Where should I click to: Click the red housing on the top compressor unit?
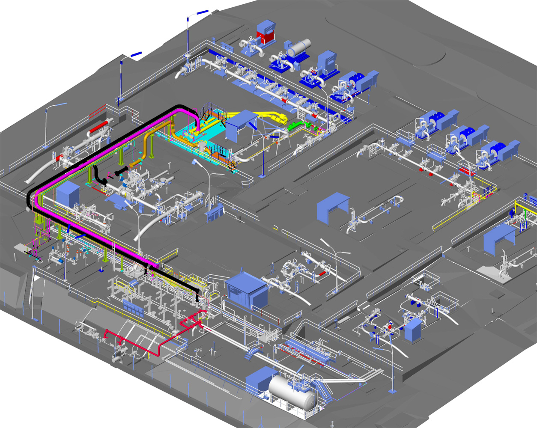[x=266, y=38]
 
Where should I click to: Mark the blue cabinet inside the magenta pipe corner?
[x=68, y=194]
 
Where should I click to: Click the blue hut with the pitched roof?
[x=247, y=291]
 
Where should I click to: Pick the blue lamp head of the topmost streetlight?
[x=203, y=12]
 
